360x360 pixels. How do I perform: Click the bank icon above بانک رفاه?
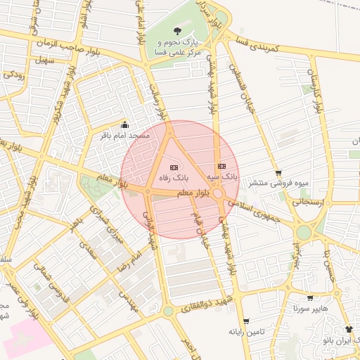tap(174, 167)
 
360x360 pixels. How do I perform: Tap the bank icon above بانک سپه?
tap(221, 166)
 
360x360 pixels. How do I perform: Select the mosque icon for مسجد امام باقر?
tap(126, 125)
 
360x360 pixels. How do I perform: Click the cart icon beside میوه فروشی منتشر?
tap(278, 173)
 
